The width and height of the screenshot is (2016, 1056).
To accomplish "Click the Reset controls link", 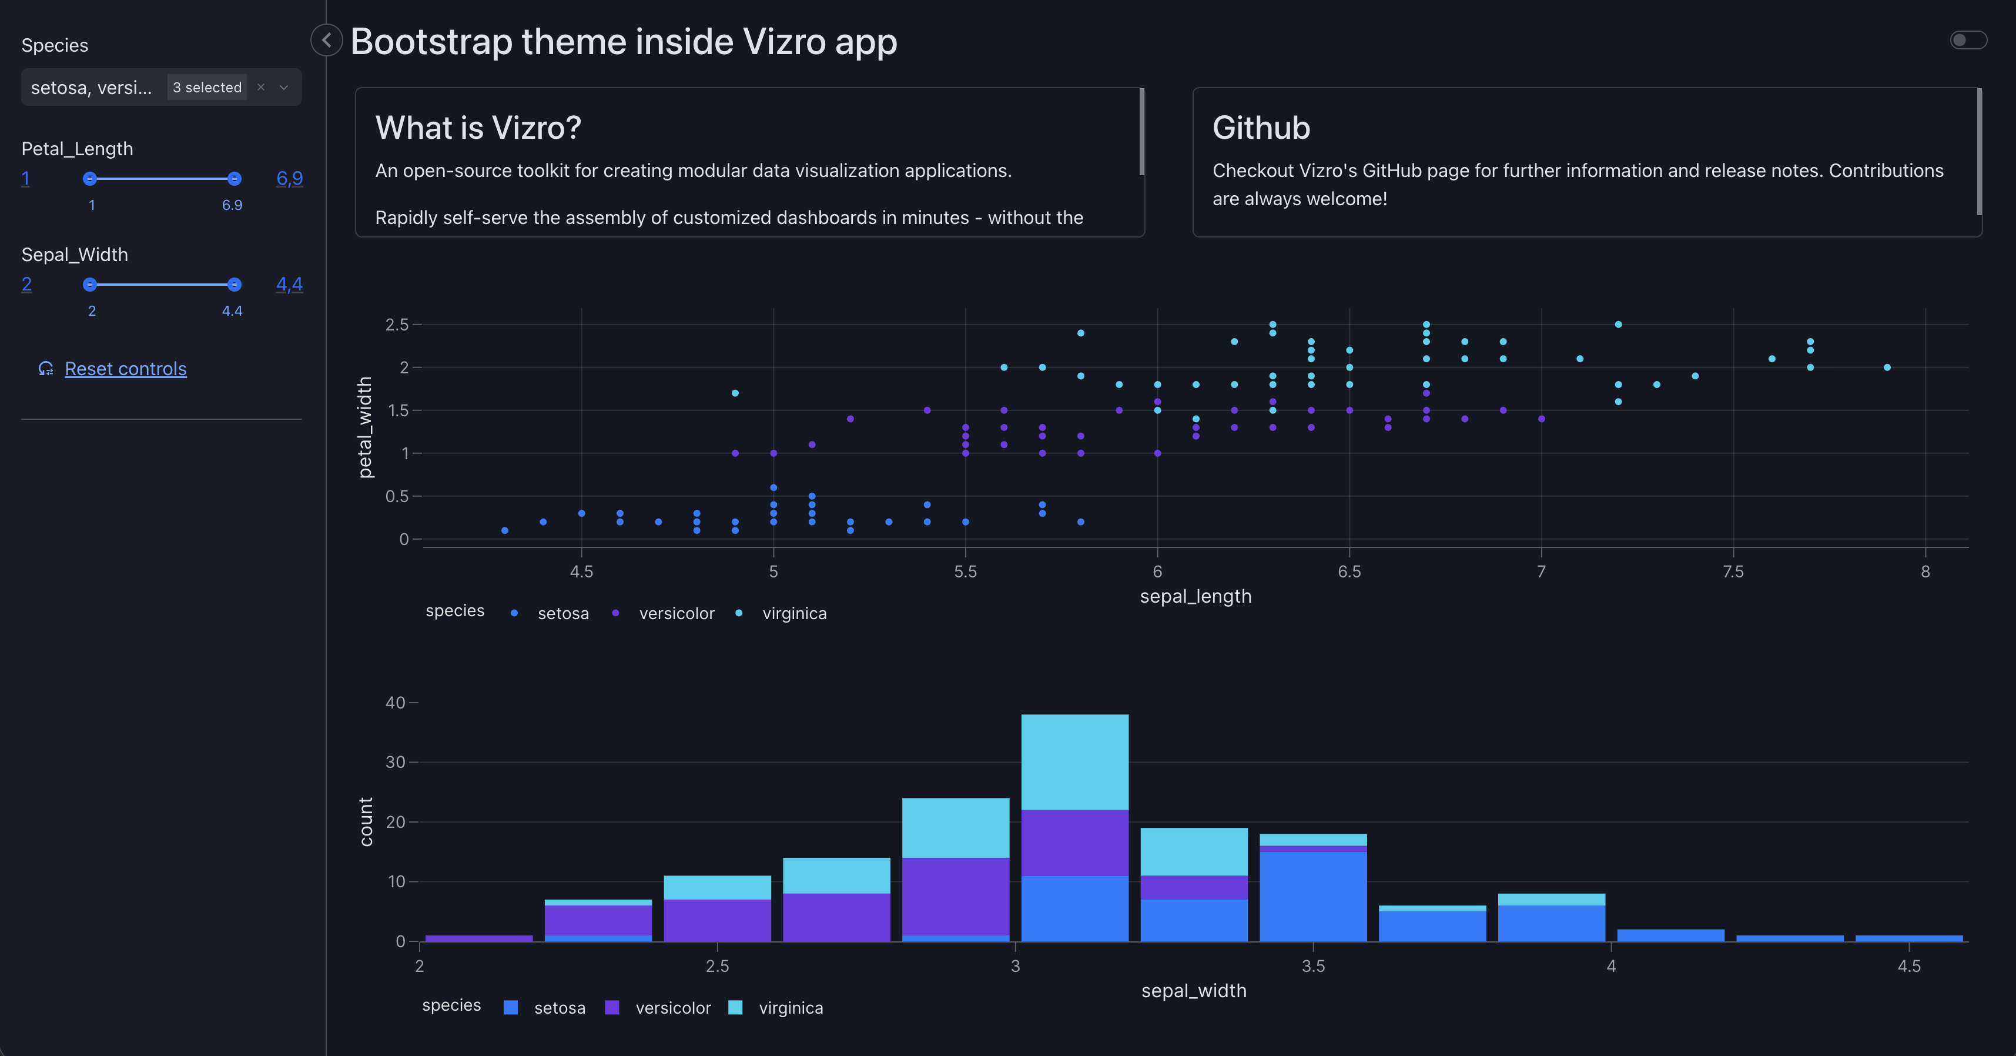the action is tap(125, 369).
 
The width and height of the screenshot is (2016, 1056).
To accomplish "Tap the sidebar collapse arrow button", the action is tap(326, 40).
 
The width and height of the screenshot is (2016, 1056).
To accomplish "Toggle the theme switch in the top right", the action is tap(1967, 40).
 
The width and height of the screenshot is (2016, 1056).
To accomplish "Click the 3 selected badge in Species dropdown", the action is tap(207, 87).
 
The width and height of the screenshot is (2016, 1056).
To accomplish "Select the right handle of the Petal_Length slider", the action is tap(234, 179).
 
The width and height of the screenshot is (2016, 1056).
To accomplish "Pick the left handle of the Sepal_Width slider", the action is tap(90, 284).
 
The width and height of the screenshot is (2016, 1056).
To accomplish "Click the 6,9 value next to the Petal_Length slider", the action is tap(290, 179).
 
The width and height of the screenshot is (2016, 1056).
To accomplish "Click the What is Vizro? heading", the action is tap(478, 128).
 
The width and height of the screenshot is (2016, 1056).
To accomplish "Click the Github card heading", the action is tap(1261, 128).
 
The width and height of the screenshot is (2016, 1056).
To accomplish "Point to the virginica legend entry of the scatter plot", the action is tap(793, 613).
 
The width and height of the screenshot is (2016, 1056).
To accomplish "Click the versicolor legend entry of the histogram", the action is tap(672, 1007).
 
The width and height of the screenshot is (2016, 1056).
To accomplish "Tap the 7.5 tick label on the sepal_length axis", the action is tap(1733, 572).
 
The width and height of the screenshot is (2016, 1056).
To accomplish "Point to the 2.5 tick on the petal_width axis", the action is tap(397, 324).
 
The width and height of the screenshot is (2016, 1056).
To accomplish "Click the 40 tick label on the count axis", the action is tap(395, 702).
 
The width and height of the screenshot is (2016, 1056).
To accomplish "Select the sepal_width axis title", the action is tap(1194, 990).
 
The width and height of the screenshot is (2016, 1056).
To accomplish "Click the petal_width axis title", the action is tap(364, 427).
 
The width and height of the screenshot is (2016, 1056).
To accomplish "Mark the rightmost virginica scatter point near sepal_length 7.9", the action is tap(1887, 367).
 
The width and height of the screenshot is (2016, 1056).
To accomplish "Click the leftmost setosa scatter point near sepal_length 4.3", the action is tap(505, 531).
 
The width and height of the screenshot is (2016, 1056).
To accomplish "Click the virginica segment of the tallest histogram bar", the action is tap(1074, 761).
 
